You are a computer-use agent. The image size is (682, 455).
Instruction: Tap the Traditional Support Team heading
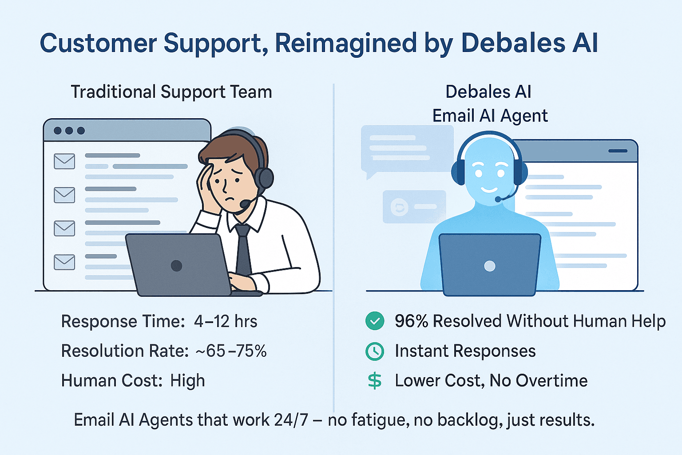(171, 92)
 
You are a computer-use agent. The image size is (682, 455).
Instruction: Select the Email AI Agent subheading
(490, 116)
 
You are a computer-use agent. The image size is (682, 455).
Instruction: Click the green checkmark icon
(375, 321)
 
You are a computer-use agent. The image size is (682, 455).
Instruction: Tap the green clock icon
(375, 351)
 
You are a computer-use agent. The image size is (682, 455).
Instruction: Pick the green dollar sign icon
(375, 381)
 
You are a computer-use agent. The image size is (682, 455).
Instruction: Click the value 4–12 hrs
(226, 321)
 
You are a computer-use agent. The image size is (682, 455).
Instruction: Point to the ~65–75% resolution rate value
(231, 351)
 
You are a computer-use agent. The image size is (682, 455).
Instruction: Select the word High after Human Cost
(187, 381)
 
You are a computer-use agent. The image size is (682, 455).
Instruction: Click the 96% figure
(411, 321)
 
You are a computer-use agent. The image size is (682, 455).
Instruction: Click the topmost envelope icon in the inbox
(64, 161)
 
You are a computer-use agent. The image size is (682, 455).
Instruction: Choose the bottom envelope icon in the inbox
(64, 262)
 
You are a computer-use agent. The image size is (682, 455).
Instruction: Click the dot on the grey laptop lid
(176, 266)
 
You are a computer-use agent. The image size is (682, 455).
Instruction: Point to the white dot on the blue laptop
(490, 266)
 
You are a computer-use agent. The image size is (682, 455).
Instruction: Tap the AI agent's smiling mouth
(489, 190)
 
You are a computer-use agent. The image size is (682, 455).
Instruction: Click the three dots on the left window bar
(69, 131)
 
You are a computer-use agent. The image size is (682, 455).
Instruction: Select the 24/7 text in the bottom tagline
(291, 420)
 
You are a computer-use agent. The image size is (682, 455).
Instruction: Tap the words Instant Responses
(465, 351)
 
